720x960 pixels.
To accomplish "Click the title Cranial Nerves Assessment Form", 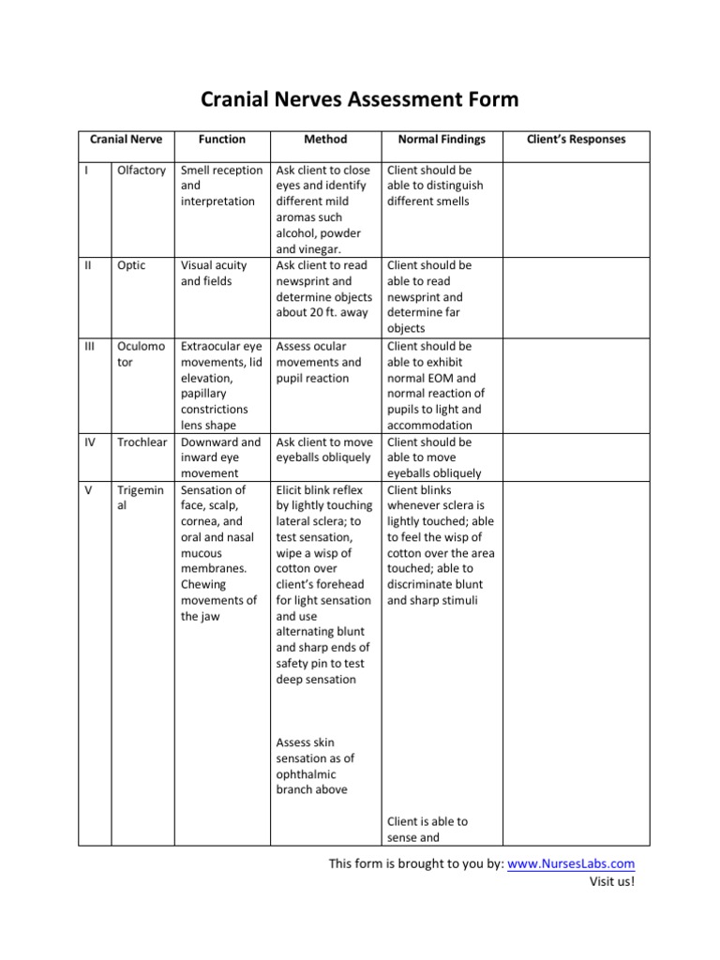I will (360, 99).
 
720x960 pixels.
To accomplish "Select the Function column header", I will (222, 139).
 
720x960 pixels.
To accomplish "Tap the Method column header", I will (325, 139).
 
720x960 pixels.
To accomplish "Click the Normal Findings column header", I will (442, 139).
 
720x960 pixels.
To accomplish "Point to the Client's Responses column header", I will (577, 139).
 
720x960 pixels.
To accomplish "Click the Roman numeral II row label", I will (87, 265).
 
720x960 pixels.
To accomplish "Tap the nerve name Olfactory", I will (142, 171).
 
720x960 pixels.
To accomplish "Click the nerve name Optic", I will (131, 265).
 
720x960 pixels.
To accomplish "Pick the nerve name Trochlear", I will (142, 442).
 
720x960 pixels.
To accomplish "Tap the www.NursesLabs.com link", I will (571, 863).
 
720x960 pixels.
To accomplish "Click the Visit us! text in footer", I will (611, 881).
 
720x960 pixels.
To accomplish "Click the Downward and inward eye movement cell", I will (220, 457).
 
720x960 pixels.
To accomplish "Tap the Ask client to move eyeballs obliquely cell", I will (324, 449).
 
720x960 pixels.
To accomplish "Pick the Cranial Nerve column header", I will (126, 139).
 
